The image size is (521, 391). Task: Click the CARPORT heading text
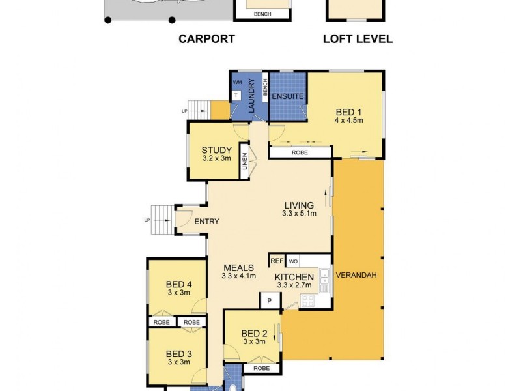coord(206,39)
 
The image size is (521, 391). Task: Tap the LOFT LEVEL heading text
coord(358,39)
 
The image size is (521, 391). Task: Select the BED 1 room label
coord(348,111)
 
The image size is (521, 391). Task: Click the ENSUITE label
coord(288,96)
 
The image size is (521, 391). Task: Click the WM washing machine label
coord(236,83)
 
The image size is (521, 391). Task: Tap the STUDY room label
coord(216,151)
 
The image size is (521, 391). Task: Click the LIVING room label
coord(298,205)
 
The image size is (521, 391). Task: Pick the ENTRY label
coord(206,222)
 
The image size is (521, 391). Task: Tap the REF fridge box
coord(277,261)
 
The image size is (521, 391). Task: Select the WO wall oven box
coord(293,261)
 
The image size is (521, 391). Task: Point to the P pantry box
coord(269,301)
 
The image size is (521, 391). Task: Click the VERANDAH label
coord(356,275)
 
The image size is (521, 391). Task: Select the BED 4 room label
coord(178,284)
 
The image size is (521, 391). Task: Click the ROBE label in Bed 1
coord(300,152)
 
